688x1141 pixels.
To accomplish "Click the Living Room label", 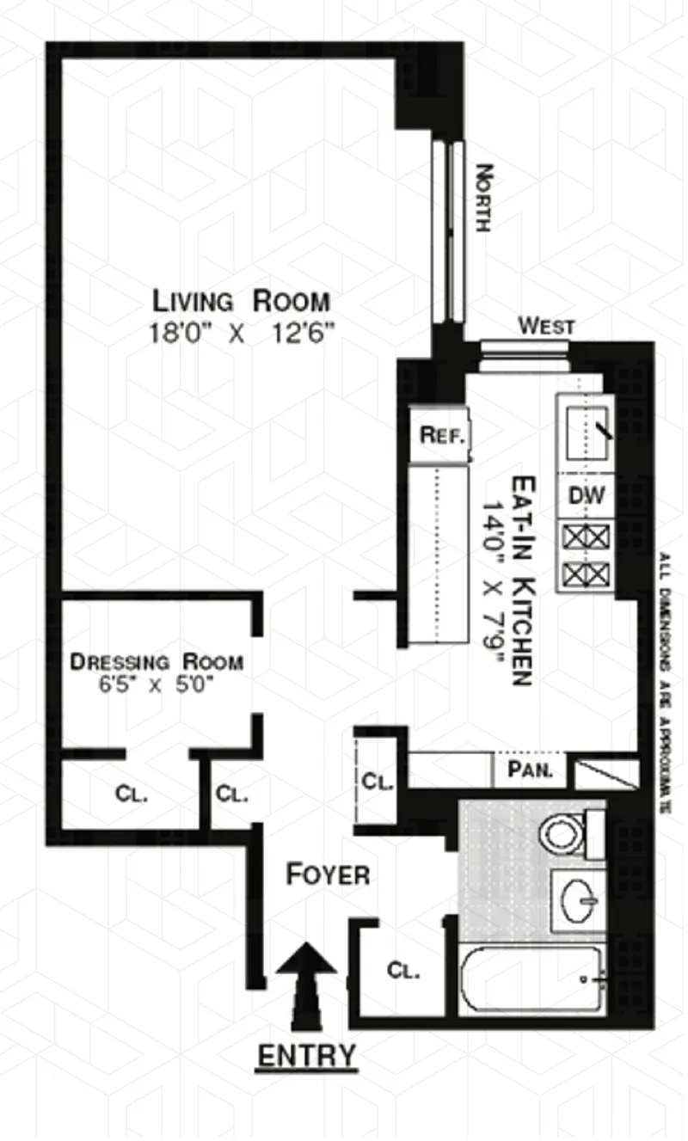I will pyautogui.click(x=241, y=302).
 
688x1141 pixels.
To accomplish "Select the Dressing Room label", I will pyautogui.click(x=157, y=663).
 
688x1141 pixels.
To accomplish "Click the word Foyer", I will pyautogui.click(x=328, y=875).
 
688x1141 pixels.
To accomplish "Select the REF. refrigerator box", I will pyautogui.click(x=442, y=435).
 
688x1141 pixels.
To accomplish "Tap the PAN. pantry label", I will pyautogui.click(x=529, y=768).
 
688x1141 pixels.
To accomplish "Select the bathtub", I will pyautogui.click(x=533, y=979).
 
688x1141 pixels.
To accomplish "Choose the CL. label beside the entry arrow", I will pyautogui.click(x=402, y=972).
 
